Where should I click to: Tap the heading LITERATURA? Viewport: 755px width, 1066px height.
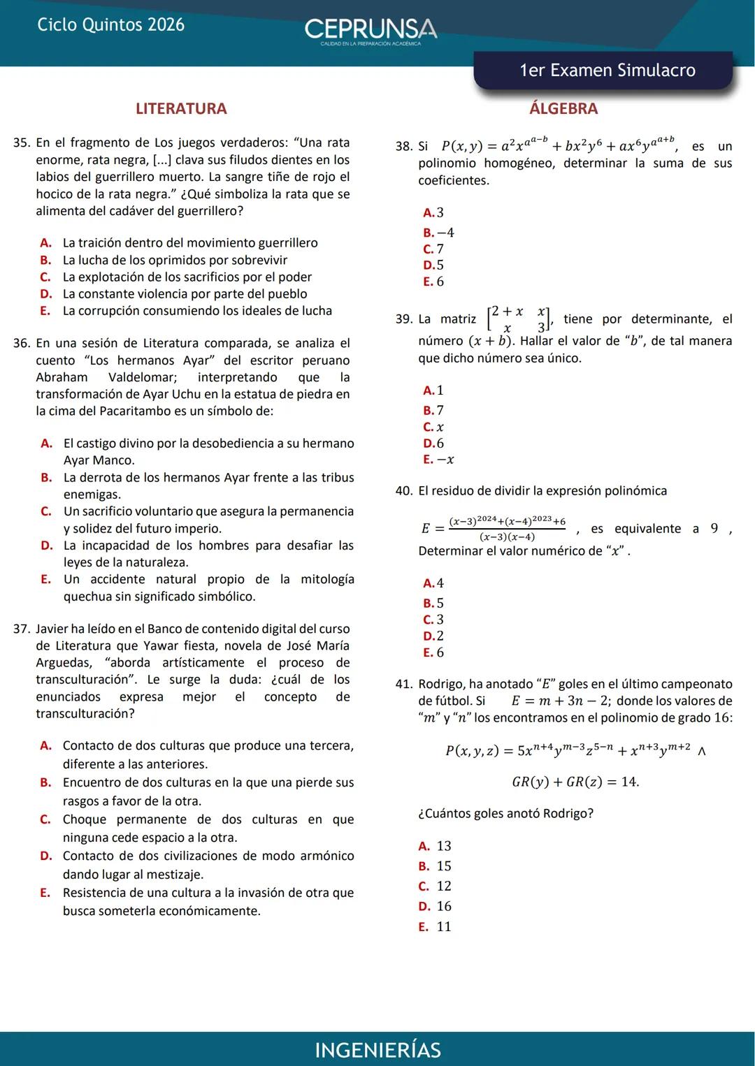click(x=181, y=108)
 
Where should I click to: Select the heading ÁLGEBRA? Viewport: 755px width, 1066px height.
click(x=563, y=108)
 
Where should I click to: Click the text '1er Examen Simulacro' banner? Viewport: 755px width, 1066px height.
click(x=607, y=70)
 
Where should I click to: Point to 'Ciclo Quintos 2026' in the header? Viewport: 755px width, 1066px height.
click(x=110, y=24)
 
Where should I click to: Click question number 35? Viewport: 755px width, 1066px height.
click(x=22, y=143)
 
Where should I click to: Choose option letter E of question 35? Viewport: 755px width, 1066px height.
click(x=45, y=311)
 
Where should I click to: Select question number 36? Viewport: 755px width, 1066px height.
click(x=22, y=343)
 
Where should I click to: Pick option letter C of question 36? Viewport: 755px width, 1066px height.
click(x=46, y=511)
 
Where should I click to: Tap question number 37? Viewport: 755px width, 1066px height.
click(x=22, y=629)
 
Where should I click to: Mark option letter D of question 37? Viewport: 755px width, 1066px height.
click(x=45, y=856)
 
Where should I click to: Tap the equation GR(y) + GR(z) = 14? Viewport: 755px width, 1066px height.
click(x=575, y=782)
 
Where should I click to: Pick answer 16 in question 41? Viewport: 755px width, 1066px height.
click(x=444, y=906)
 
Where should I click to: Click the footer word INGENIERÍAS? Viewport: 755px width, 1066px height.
click(x=377, y=1050)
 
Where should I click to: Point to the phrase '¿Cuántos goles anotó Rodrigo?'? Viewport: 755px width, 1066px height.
click(x=505, y=813)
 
